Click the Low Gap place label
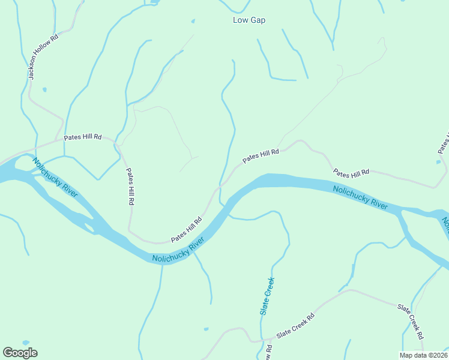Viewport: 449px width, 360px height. tap(249, 20)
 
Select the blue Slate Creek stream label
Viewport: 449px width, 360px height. tap(268, 296)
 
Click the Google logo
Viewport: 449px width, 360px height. tap(20, 353)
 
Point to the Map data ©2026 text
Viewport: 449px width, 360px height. tap(423, 355)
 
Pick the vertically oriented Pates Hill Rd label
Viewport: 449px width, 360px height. tap(130, 187)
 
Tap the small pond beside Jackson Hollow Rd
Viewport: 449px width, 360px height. tap(44, 90)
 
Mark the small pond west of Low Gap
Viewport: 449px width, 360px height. tap(193, 22)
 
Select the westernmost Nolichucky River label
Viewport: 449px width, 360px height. tap(55, 177)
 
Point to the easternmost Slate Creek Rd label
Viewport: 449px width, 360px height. tap(411, 322)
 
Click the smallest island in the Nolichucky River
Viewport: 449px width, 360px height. tap(89, 227)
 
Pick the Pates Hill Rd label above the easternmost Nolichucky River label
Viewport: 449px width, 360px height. tap(351, 173)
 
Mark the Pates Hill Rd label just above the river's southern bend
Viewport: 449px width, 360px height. tap(186, 230)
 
